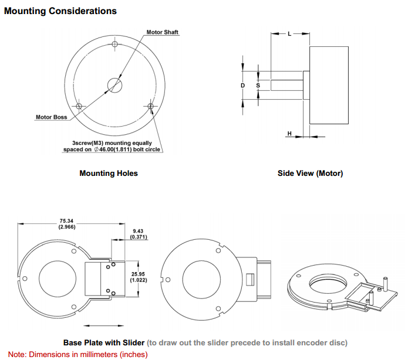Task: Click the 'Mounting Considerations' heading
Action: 60,11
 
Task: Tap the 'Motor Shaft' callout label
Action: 162,32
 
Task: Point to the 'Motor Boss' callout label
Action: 52,117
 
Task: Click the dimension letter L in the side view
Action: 289,34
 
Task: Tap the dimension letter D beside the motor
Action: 243,86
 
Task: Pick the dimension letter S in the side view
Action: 258,86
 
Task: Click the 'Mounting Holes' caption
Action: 109,174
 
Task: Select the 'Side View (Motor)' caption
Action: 310,174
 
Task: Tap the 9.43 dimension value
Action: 138,232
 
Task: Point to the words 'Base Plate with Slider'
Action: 103,342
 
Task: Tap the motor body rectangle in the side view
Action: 329,86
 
